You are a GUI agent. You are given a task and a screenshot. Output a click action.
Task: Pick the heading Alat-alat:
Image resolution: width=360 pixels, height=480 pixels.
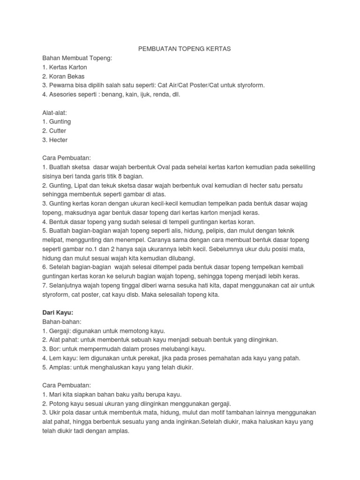(x=55, y=112)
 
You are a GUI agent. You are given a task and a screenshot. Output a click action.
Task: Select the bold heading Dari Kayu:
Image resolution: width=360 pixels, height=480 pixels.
(x=58, y=313)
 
